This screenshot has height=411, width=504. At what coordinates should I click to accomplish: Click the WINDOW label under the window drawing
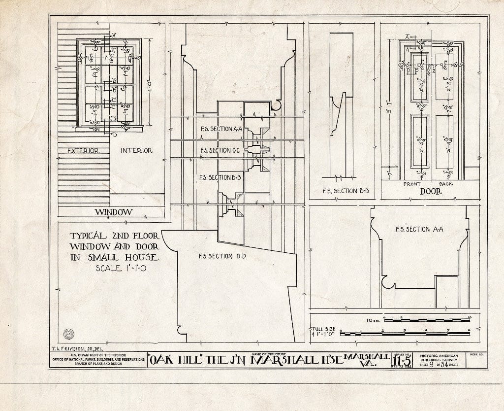[x=113, y=212]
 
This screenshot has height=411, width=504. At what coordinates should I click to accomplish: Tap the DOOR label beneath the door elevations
[x=431, y=191]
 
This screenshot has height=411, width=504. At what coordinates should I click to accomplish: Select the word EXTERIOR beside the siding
[x=83, y=150]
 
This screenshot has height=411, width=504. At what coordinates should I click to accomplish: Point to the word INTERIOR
[x=136, y=150]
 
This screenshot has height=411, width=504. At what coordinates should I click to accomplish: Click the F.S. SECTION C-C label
[x=220, y=150]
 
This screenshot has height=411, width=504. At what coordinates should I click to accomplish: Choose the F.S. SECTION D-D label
[x=222, y=256]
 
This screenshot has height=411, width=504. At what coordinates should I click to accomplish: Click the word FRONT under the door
[x=412, y=184]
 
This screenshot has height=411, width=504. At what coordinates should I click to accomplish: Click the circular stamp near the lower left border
[x=68, y=333]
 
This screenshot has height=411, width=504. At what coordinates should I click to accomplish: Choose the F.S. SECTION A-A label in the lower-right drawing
[x=420, y=229]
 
